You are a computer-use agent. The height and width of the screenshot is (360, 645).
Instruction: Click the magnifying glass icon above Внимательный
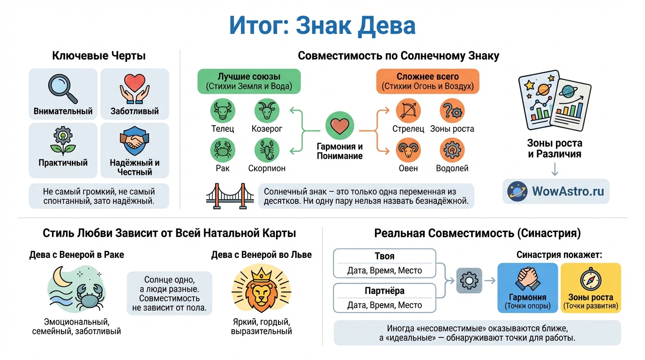(x=63, y=88)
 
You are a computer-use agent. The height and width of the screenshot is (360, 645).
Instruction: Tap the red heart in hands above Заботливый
(x=135, y=87)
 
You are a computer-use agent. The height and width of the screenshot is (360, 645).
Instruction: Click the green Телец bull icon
(x=223, y=111)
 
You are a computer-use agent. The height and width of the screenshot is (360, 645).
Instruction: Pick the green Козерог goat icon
(x=267, y=111)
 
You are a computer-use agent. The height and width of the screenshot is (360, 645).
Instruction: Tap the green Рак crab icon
(x=223, y=150)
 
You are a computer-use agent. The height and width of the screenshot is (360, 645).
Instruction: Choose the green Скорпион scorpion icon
(x=267, y=150)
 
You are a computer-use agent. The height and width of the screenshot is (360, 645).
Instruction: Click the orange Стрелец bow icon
(x=408, y=111)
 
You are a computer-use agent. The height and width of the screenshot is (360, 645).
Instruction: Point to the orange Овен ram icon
(x=408, y=150)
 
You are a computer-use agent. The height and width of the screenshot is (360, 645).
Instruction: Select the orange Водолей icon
(x=452, y=150)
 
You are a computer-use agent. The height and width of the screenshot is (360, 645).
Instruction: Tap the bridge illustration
(x=230, y=195)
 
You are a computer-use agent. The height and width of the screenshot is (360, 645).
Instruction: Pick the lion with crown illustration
(x=261, y=291)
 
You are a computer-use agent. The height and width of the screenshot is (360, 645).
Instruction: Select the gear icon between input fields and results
(x=468, y=280)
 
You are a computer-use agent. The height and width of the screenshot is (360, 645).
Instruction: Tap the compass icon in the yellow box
(x=590, y=280)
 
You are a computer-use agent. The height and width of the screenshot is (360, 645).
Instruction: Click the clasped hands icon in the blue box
(x=527, y=279)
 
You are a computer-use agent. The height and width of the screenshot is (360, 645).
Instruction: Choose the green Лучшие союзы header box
(x=249, y=81)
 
